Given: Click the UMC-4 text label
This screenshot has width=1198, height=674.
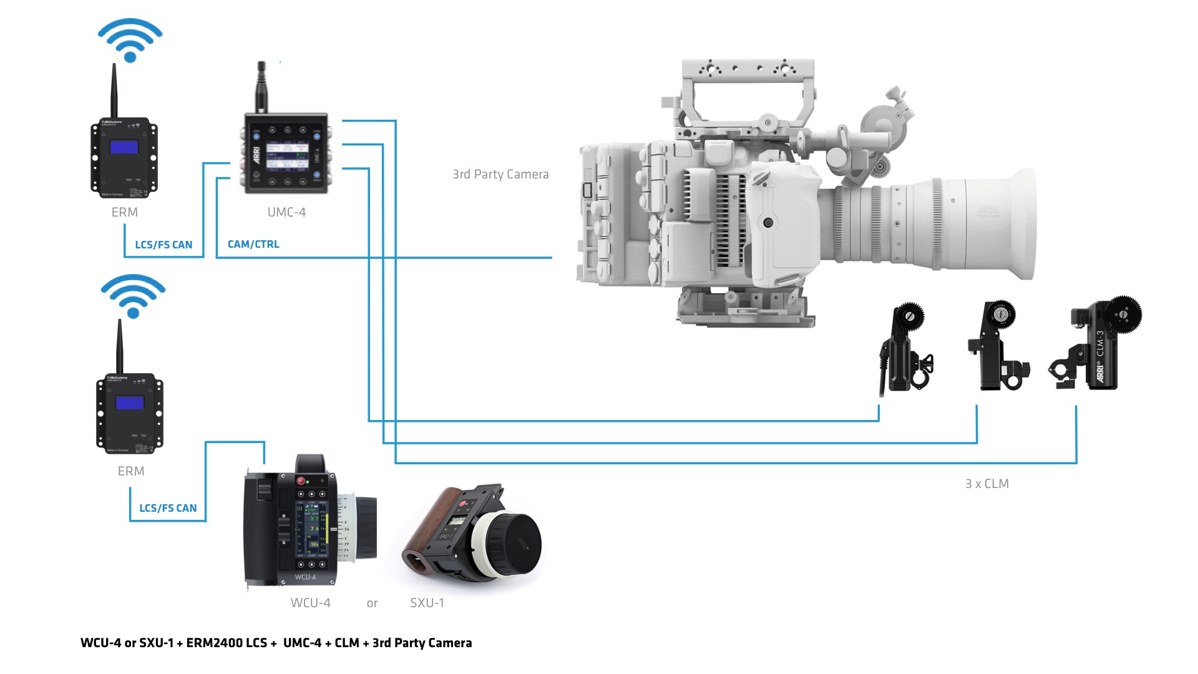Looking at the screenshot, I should [x=286, y=212].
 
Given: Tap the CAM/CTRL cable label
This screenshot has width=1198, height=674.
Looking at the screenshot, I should [x=253, y=244].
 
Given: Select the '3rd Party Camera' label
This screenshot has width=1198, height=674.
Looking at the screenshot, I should [x=500, y=174].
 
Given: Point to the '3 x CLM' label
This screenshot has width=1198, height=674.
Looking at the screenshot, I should [x=986, y=484].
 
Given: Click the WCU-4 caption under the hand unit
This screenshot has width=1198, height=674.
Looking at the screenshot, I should [x=310, y=603].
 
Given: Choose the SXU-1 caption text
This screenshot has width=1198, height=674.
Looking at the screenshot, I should [x=427, y=603].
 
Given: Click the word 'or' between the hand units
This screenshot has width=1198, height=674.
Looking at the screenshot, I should [x=372, y=603].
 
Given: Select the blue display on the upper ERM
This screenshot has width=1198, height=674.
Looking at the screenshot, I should [x=124, y=147].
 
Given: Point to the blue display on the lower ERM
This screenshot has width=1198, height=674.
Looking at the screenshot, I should [x=130, y=403].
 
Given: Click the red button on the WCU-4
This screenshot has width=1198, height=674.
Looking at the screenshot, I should [x=301, y=481].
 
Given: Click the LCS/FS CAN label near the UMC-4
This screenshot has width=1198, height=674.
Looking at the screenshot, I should [x=163, y=245].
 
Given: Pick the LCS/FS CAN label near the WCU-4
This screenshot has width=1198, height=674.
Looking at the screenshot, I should [x=168, y=508].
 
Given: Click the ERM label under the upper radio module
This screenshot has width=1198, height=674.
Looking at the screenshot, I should [x=125, y=212].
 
